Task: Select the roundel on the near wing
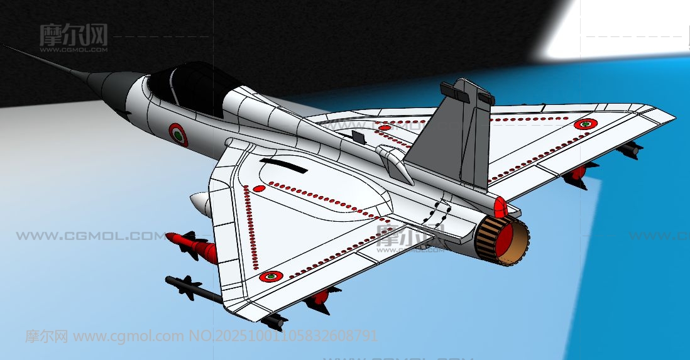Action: point(271,276)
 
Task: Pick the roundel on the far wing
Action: point(586,124)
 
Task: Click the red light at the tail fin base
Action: point(500,206)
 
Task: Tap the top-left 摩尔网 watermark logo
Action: point(74,35)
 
